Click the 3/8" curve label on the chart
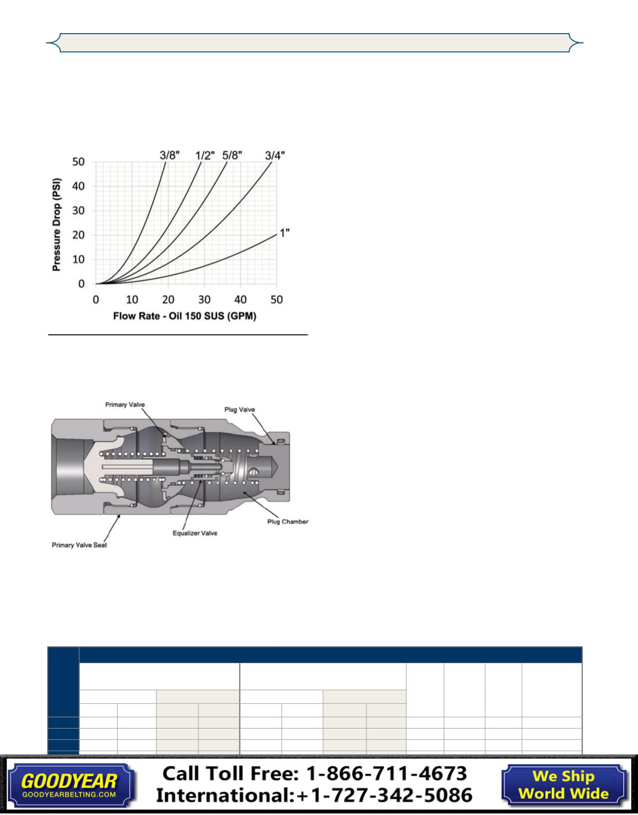[169, 155]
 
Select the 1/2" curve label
[205, 155]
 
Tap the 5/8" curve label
[232, 155]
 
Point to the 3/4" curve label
[275, 155]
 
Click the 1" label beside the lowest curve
[285, 232]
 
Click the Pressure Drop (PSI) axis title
[56, 224]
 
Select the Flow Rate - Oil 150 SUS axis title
[185, 316]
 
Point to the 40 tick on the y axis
[78, 186]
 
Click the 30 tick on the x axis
[204, 299]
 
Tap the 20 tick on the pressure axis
[78, 235]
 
